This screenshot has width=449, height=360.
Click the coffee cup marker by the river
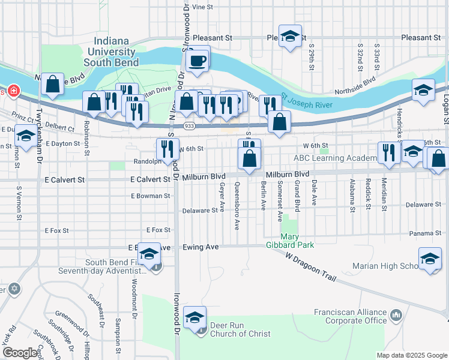[197, 60]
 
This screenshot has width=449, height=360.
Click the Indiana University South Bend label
[112, 52]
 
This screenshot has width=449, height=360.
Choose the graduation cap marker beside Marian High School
[430, 260]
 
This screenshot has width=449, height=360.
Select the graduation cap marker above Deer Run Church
[195, 317]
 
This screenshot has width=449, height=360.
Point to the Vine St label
[202, 7]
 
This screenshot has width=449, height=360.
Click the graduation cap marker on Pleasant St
[290, 37]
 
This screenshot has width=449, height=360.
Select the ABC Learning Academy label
[334, 158]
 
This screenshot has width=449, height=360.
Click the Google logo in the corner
[20, 352]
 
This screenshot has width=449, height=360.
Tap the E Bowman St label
[151, 196]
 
